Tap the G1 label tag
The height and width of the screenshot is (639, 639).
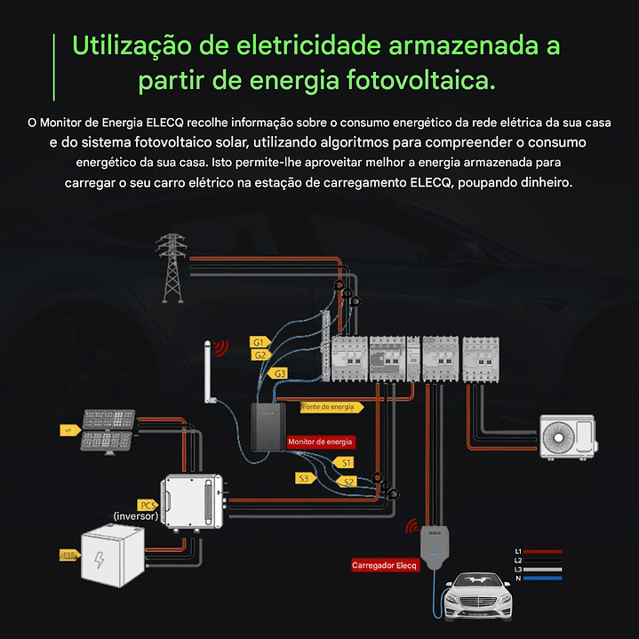pos(259,342)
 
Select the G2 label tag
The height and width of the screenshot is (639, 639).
pos(260,355)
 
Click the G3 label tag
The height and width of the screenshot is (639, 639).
pos(279,372)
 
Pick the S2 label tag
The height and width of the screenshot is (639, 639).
pos(347,481)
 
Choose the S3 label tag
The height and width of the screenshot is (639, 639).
pos(305,478)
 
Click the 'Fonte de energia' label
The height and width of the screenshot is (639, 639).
pos(331,407)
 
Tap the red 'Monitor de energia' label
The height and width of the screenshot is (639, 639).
pos(320,441)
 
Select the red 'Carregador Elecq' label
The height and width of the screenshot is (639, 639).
pos(383,565)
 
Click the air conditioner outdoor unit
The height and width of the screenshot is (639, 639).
pos(571,435)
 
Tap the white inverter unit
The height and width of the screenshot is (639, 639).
pos(190,499)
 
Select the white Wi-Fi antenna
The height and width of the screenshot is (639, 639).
pos(210,372)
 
